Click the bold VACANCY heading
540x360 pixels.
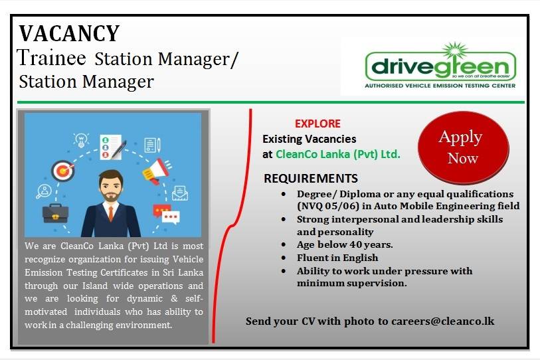pyautogui.click(x=69, y=33)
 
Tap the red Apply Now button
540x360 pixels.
pyautogui.click(x=463, y=147)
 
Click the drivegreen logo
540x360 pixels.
pyautogui.click(x=440, y=66)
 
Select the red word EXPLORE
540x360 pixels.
pyautogui.click(x=317, y=124)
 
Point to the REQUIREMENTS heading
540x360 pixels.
pyautogui.click(x=311, y=179)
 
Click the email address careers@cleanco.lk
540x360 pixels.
pyautogui.click(x=442, y=321)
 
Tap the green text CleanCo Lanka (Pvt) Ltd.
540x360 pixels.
pyautogui.click(x=338, y=154)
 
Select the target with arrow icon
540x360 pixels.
pyautogui.click(x=63, y=171)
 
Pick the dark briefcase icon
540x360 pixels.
pyautogui.click(x=55, y=213)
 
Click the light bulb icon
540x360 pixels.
pyautogui.click(x=81, y=140)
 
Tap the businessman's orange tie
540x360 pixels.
pyautogui.click(x=110, y=214)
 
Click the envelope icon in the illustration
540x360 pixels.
pyautogui.click(x=180, y=193)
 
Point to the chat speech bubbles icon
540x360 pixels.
pyautogui.click(x=166, y=215)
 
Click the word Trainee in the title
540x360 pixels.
pyautogui.click(x=51, y=58)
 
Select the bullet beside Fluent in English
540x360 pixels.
pyautogui.click(x=284, y=258)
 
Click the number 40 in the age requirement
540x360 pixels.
pyautogui.click(x=356, y=244)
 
